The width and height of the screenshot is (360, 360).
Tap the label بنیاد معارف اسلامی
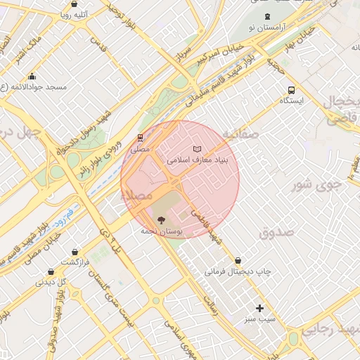tap(198, 160)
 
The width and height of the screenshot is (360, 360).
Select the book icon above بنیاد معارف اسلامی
tap(198, 148)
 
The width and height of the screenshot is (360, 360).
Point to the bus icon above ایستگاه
tap(291, 89)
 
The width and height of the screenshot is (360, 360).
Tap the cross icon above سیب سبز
tap(260, 308)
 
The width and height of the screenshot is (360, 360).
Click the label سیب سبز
tap(260, 320)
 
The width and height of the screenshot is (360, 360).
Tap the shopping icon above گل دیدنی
tap(51, 271)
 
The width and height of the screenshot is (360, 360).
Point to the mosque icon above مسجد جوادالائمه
tap(32, 76)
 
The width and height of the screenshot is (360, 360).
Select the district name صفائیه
tap(240, 134)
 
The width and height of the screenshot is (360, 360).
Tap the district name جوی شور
tap(316, 185)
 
